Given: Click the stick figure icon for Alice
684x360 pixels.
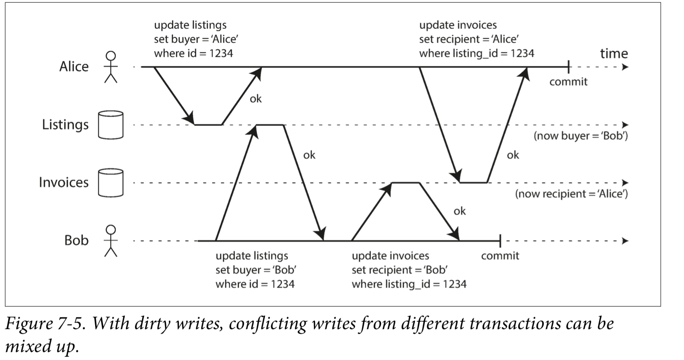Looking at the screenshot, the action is coord(111,67).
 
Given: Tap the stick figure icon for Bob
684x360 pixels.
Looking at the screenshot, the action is coord(111,241).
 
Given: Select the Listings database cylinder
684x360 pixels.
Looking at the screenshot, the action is coord(111,125).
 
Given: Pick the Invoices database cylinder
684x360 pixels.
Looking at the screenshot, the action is coord(111,183).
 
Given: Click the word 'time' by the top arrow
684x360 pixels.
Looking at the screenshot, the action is coord(614,53).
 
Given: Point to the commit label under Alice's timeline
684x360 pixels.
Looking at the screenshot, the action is coord(568,82).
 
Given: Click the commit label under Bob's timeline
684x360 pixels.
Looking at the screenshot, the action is coord(500,256).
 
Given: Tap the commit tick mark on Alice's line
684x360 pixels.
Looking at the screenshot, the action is coord(568,67).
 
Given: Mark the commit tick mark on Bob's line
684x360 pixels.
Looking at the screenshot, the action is coord(500,241).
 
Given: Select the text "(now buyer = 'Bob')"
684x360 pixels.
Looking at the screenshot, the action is coord(581,136).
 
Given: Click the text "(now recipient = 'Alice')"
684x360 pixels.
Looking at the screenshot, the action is coord(571,194).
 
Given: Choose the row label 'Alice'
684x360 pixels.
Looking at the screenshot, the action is coord(74,66).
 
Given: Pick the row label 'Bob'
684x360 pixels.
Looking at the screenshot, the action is coord(76,240).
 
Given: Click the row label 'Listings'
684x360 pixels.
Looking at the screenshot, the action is coord(65,125).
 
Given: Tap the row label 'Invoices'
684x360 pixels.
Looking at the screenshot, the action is coord(64,182).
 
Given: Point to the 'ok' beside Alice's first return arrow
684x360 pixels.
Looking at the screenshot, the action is coord(256,99).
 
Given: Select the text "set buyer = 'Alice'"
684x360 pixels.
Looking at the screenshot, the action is coord(196,39).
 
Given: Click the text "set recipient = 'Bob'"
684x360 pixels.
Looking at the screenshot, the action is coord(399,270).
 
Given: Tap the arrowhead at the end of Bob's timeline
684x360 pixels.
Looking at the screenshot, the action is coord(625,241).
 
